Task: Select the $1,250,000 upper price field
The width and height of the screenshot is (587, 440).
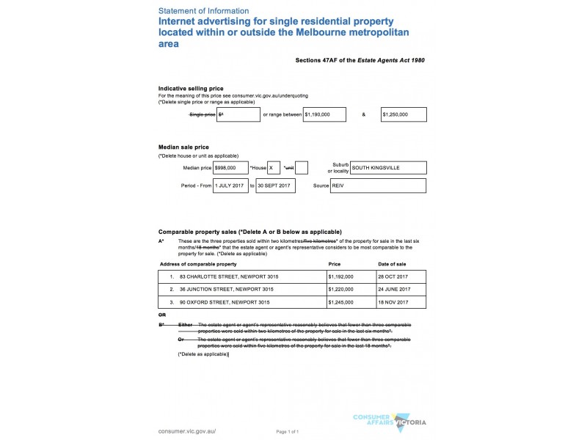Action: [x=404, y=115]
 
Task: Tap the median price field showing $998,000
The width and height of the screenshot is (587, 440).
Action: [x=230, y=168]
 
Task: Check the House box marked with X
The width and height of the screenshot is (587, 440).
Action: [x=274, y=168]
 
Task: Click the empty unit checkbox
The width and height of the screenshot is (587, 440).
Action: [x=301, y=168]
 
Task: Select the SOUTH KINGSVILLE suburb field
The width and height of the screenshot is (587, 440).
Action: [x=388, y=168]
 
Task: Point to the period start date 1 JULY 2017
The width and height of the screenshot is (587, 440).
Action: [x=230, y=186]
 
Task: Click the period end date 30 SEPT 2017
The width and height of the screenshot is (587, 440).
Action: [x=274, y=186]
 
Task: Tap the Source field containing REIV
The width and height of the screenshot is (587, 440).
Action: [x=378, y=186]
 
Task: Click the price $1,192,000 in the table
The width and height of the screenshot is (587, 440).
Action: [x=341, y=276]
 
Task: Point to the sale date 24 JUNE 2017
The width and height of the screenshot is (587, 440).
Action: [x=393, y=289]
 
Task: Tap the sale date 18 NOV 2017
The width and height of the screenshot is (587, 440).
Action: [x=393, y=301]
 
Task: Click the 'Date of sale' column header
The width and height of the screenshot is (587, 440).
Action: [x=392, y=263]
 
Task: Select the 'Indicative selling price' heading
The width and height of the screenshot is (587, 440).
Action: [x=191, y=88]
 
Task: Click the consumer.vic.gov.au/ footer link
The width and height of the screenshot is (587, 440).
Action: [x=187, y=431]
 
